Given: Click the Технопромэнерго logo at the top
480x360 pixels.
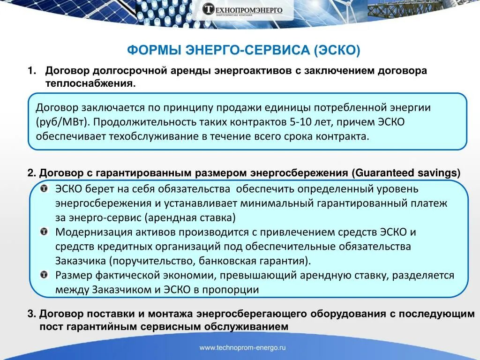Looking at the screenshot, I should [242, 10].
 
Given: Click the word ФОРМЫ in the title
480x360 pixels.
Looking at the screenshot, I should [155, 50].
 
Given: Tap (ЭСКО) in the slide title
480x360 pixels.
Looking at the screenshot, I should [337, 50].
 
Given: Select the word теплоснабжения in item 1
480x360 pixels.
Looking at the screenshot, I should [90, 83].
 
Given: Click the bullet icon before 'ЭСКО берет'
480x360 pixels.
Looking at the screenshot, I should [43, 189].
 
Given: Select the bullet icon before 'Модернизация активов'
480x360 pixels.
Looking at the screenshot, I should [43, 232].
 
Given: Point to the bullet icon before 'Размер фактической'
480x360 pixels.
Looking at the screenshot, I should [43, 275].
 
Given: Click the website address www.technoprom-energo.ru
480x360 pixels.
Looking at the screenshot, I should [242, 348].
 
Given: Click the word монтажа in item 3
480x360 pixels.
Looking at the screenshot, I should [170, 314].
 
